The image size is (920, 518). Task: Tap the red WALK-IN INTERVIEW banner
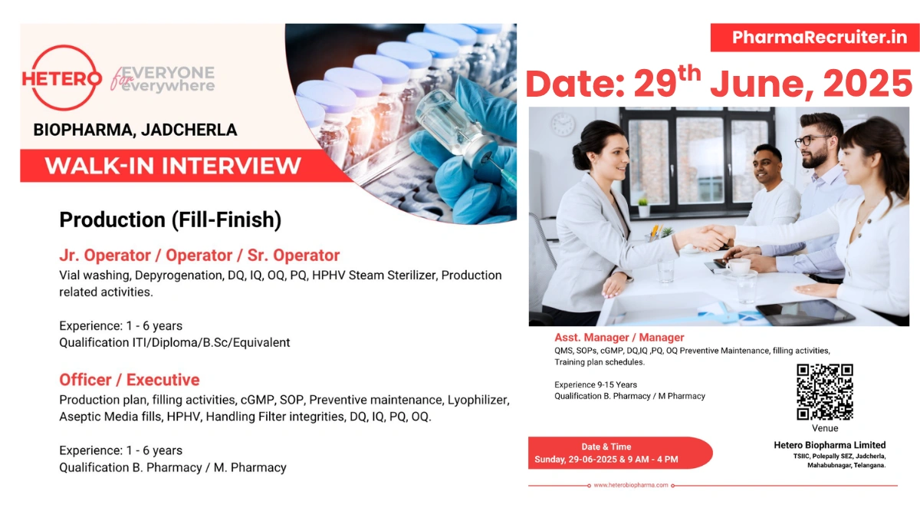point(172,166)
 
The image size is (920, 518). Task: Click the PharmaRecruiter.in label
point(814,38)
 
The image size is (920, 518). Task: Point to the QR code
point(825,392)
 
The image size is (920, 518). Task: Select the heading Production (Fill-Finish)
point(170,220)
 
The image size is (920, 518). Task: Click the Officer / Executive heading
point(129,380)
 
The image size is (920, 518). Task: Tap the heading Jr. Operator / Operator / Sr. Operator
point(199,255)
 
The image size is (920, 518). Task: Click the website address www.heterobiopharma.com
point(631,485)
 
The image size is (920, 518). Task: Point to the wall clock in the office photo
point(563,124)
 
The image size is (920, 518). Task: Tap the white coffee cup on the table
point(738,266)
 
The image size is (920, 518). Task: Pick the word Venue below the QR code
point(825,428)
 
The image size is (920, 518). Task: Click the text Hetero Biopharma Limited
point(830,445)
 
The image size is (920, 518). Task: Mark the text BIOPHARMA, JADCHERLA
point(135,130)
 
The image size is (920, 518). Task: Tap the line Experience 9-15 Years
point(596,384)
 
